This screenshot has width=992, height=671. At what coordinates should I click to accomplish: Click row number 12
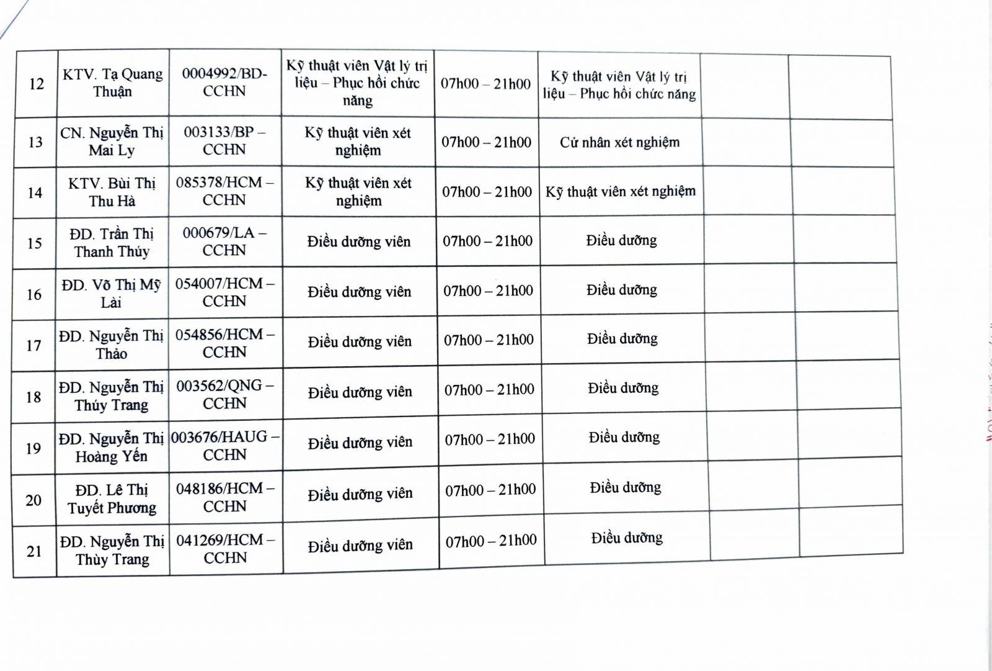(37, 84)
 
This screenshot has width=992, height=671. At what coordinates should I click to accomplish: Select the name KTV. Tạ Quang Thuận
(112, 83)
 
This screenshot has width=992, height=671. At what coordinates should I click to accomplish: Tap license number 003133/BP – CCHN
(224, 141)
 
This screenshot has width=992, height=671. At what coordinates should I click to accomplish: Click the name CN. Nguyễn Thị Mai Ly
(112, 142)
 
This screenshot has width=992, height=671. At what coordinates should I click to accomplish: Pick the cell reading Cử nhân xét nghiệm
(619, 142)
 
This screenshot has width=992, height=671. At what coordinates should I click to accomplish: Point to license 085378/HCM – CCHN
(224, 191)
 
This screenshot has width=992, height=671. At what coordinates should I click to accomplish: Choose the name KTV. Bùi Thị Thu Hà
(112, 192)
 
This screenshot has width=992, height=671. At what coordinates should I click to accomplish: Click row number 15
(35, 243)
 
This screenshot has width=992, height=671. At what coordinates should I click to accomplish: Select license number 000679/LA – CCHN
(224, 241)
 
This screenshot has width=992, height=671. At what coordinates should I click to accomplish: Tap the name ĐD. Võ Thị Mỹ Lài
(111, 294)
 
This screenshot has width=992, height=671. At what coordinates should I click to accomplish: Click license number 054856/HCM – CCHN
(224, 343)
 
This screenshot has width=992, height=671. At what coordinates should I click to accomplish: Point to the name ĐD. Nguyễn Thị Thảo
(111, 345)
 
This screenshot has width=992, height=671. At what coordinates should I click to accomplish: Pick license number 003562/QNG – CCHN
(224, 394)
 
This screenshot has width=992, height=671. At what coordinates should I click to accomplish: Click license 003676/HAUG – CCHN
(224, 446)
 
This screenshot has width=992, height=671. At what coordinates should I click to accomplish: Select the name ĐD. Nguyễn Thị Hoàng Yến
(111, 448)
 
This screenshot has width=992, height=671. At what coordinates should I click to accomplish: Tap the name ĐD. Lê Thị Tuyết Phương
(112, 499)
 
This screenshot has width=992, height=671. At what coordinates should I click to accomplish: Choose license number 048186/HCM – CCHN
(224, 497)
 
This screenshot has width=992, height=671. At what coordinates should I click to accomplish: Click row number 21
(34, 551)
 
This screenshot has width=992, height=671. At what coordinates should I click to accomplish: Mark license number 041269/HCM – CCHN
(225, 549)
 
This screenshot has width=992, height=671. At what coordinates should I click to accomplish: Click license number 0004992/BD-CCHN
(224, 82)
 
